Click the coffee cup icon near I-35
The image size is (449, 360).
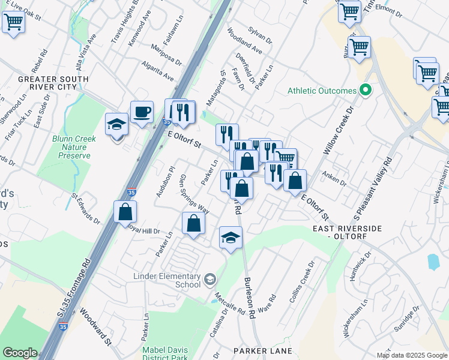coord(142,112)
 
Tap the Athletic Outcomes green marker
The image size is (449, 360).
coord(364,91)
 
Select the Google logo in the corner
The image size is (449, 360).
coord(19,353)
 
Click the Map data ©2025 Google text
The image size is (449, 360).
coord(411,355)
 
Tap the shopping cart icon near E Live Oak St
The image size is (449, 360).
coord(13,22)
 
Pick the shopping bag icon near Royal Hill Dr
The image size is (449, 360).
coord(125,212)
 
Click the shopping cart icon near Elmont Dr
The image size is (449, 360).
coord(349,11)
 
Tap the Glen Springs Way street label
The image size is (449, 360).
coord(194,194)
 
